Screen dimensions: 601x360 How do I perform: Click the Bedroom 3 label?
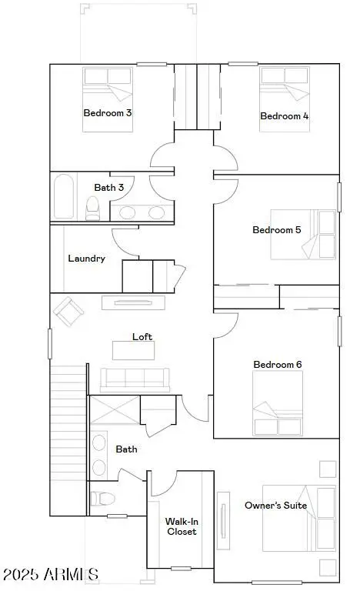108,112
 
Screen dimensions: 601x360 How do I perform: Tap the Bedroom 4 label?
285,116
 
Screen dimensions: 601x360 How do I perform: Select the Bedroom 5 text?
277,230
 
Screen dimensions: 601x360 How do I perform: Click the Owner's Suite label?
275,506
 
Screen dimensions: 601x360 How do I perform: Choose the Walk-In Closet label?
182,526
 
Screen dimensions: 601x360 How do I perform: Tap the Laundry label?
86,259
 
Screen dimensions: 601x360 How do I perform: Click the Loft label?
143,336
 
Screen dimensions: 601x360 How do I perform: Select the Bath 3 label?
109,187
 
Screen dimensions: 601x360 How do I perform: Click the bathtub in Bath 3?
65,196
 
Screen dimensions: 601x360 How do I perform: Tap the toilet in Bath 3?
93,207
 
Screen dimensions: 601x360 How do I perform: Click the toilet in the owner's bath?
98,498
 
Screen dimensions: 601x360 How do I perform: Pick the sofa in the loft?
135,379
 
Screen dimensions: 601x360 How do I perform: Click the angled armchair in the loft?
68,311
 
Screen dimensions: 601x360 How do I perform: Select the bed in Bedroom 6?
278,404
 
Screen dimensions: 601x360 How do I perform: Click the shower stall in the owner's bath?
115,409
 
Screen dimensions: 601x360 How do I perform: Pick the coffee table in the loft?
133,350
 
